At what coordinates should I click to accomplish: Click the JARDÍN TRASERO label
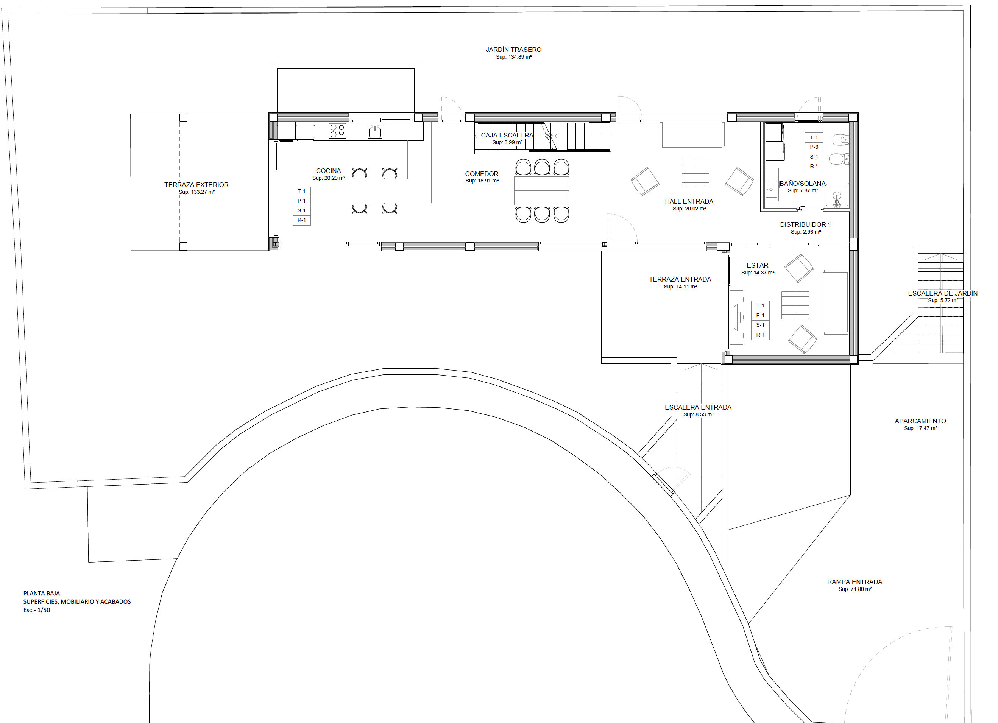[513, 50]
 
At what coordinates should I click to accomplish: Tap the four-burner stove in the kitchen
[337, 131]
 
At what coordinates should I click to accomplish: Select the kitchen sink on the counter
[375, 131]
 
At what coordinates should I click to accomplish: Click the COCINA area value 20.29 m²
[329, 178]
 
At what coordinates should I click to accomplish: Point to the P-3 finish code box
[814, 147]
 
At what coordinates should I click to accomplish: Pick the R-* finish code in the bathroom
[814, 166]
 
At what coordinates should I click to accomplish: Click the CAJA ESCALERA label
[507, 135]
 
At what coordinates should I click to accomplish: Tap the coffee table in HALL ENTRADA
[695, 173]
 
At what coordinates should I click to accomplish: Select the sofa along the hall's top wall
[692, 135]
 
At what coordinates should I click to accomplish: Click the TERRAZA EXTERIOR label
[196, 185]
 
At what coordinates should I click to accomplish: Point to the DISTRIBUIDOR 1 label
[806, 224]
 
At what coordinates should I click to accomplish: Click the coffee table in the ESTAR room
[795, 305]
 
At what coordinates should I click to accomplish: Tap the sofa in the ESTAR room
[836, 302]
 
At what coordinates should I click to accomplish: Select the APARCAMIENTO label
[920, 421]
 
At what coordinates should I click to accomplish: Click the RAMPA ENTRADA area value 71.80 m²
[855, 589]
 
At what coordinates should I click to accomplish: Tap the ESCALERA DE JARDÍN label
[943, 293]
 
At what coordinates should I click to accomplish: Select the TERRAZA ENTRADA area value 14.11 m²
[680, 287]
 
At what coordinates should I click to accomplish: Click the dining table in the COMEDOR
[542, 190]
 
